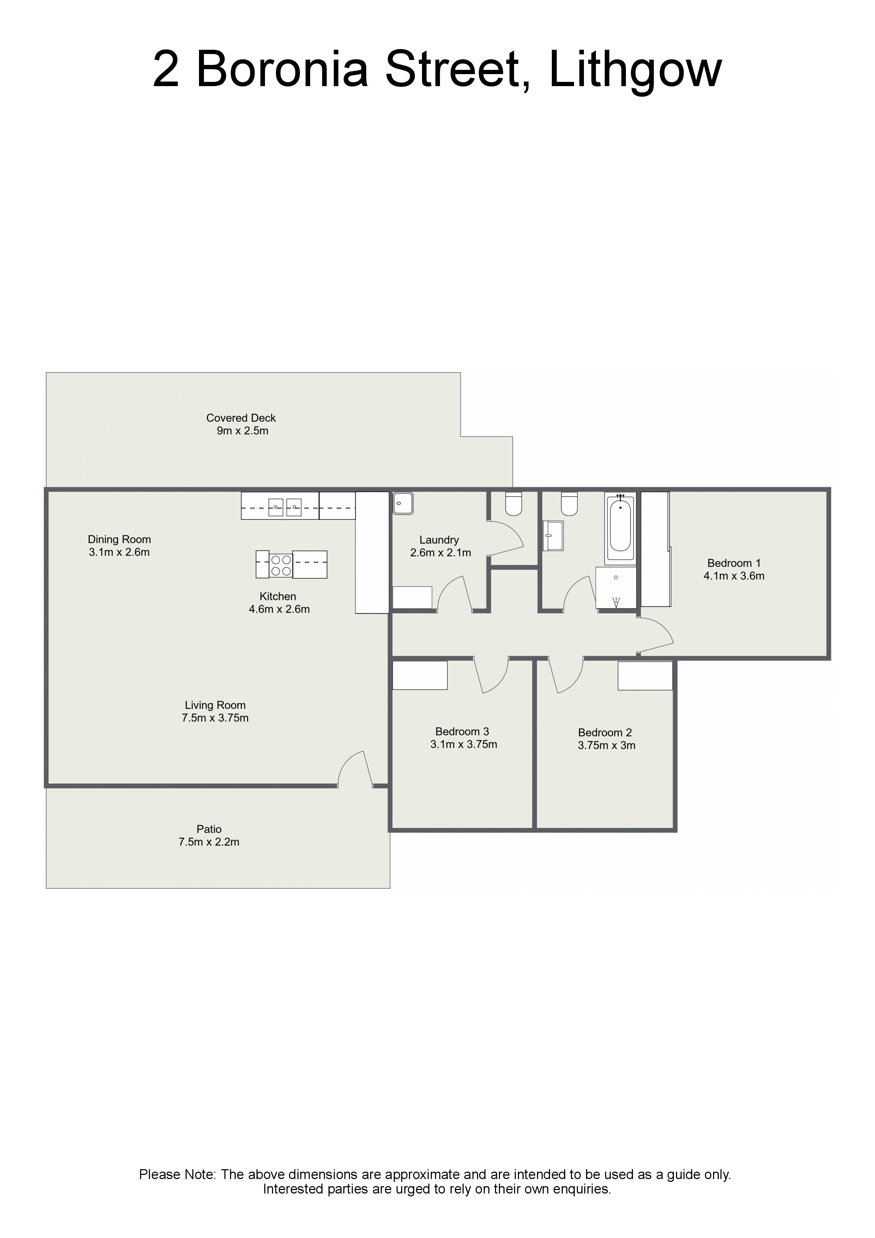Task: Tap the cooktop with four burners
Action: tap(281, 565)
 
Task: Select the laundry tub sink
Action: tap(403, 503)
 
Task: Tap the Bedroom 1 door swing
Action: tap(656, 636)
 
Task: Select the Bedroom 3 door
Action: tap(491, 675)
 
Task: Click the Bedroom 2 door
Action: tap(566, 675)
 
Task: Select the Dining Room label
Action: tap(119, 539)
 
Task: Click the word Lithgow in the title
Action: tap(635, 70)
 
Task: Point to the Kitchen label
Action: tap(278, 596)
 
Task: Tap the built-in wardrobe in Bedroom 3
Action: tap(420, 675)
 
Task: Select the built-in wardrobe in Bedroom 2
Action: tap(645, 675)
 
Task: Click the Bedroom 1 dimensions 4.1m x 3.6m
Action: tap(734, 576)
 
